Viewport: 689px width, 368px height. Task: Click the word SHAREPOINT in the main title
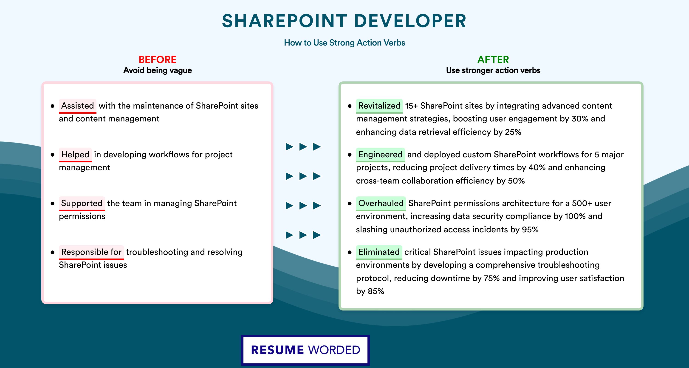pos(285,21)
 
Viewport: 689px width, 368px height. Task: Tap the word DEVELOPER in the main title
pos(410,21)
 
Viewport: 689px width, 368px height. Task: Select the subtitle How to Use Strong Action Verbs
pos(344,43)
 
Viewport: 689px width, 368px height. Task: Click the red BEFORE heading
pos(158,60)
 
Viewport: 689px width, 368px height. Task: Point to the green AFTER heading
pos(493,60)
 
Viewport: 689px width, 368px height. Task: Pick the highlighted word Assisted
pos(78,106)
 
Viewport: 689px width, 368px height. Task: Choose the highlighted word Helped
pos(75,155)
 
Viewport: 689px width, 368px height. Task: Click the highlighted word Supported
pos(82,203)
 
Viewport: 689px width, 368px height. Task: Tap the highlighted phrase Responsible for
pos(91,252)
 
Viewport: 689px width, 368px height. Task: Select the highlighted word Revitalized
pos(379,106)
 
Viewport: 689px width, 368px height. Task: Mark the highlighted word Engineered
pos(380,155)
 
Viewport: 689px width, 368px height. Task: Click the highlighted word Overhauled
pos(381,203)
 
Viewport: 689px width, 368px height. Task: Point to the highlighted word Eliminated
pos(379,252)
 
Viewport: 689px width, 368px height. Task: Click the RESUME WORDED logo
pos(305,350)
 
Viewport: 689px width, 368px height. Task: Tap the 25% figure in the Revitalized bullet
pos(513,132)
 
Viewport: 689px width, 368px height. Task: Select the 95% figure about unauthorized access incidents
pos(530,230)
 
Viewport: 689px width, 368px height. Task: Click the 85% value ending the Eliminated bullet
pos(376,291)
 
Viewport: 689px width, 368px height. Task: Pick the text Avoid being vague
pos(158,70)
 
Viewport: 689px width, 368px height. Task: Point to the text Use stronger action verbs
pos(493,70)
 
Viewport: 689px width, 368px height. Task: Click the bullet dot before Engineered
pos(350,155)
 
